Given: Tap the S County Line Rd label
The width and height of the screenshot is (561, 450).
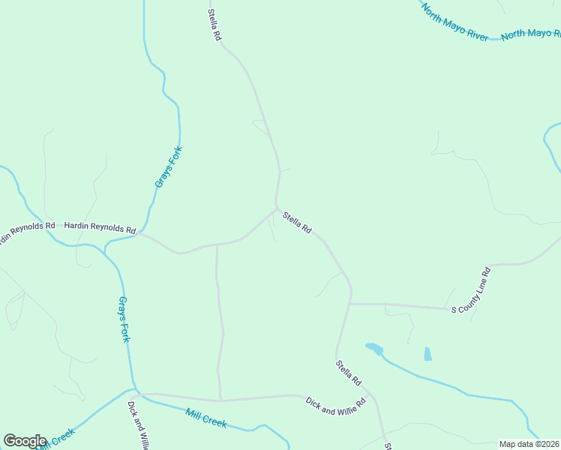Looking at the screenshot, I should point(470,289).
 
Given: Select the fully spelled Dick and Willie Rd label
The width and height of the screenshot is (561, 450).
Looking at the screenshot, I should point(335,403).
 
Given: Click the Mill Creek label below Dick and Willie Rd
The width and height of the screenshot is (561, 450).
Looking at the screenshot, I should point(206,418).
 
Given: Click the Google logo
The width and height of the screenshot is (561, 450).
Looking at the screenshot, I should point(25,440).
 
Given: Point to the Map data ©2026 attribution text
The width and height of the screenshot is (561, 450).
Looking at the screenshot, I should point(529,444).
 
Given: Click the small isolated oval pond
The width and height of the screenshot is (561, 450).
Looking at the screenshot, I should point(427,354).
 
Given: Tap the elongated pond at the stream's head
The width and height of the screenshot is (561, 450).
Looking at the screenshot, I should point(374,349).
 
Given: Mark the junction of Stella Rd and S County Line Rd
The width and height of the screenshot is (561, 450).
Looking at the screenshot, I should point(350,304).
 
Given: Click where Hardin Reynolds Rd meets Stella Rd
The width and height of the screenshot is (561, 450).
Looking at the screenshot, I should point(276,210).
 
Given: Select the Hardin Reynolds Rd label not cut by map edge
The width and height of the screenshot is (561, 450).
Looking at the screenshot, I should point(99,226).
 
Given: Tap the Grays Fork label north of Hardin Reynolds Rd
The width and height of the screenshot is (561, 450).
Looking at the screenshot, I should point(169,167).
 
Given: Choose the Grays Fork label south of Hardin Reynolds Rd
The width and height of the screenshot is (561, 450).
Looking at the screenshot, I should point(124,319).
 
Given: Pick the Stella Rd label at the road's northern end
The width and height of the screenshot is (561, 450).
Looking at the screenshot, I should point(216,25).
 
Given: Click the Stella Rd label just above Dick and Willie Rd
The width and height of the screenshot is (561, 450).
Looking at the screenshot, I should point(349,373).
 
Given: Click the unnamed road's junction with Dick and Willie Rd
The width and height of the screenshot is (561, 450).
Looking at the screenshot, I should point(220,400).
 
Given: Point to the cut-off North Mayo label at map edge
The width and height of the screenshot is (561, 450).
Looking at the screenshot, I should point(531,34).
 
